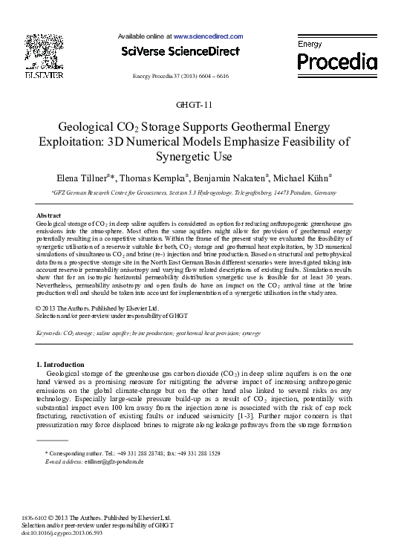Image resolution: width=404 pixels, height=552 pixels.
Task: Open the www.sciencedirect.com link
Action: point(208,36)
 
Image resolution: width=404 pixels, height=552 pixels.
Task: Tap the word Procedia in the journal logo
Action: point(337,60)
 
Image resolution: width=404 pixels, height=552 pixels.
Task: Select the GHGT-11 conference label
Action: point(201,103)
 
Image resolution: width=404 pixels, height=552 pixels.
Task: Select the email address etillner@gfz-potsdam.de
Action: point(115,461)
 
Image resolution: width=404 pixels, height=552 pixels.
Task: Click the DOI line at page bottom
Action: point(62,533)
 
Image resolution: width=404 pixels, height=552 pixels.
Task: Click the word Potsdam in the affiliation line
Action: point(306,192)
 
